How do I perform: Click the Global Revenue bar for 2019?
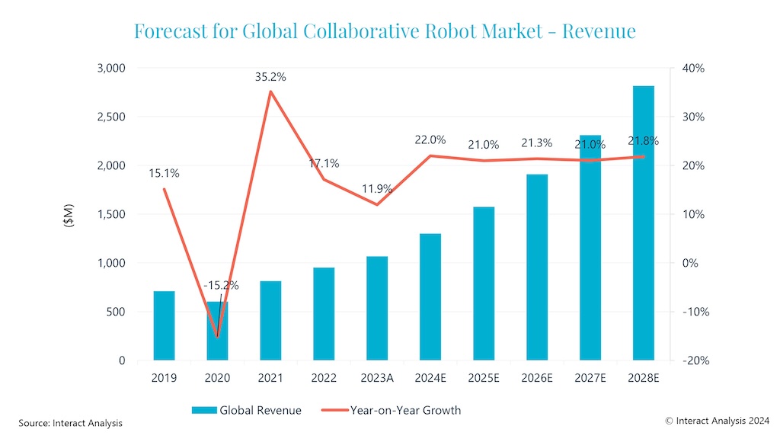tap(164, 325)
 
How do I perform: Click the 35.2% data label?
tap(270, 77)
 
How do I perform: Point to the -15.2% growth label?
tap(221, 286)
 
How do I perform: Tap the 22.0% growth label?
tap(430, 139)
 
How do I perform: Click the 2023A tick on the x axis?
tap(377, 377)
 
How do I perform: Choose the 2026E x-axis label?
tap(537, 377)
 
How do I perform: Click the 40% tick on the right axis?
tap(692, 68)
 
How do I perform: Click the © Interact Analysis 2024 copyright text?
tap(706, 420)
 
